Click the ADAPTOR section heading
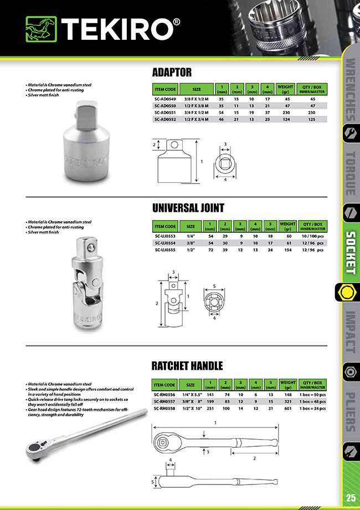tap(171, 72)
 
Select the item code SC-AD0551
tap(166, 111)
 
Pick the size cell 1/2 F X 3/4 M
tap(197, 119)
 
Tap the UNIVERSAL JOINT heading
tap(188, 208)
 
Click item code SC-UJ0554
tap(165, 243)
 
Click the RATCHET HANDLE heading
tap(187, 366)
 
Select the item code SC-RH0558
tap(165, 409)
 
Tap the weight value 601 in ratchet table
tap(288, 409)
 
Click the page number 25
tap(351, 497)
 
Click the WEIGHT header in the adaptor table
tap(285, 89)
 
